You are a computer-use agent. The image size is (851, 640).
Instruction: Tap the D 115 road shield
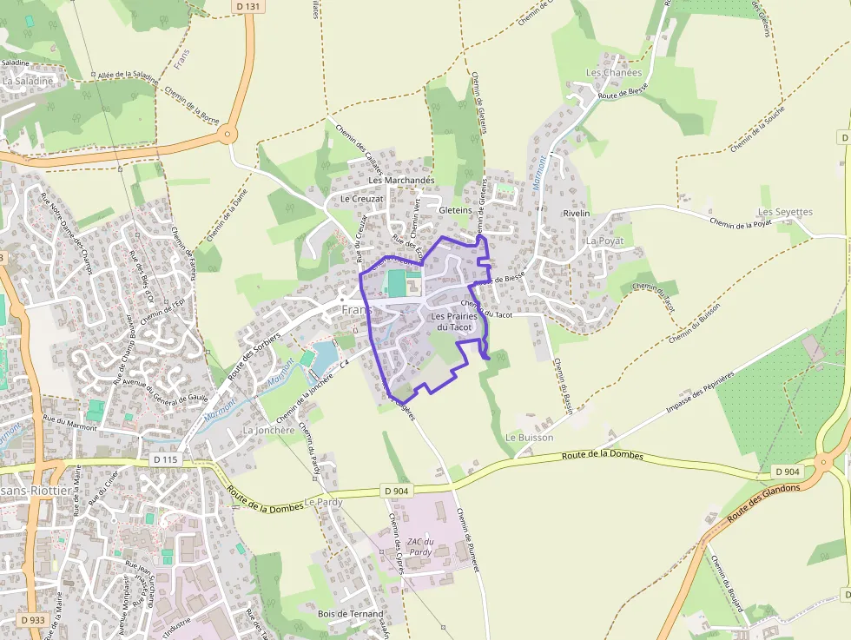[164, 459]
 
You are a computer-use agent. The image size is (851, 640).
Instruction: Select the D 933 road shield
[35, 619]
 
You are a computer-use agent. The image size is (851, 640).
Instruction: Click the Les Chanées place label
[614, 73]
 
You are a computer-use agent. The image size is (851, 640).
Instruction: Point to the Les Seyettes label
[785, 212]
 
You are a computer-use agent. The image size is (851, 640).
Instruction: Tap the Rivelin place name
[576, 213]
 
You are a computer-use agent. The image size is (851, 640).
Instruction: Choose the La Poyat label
[605, 241]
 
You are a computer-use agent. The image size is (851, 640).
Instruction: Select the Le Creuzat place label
[361, 199]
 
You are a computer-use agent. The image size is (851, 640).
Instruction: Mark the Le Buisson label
[529, 438]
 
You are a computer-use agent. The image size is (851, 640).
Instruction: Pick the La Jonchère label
[268, 430]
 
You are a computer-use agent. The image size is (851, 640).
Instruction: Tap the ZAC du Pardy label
[420, 547]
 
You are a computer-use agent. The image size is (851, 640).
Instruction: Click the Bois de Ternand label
[350, 614]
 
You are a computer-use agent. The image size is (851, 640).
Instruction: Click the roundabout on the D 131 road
[228, 134]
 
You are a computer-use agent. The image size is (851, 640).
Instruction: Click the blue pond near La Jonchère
[323, 354]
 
